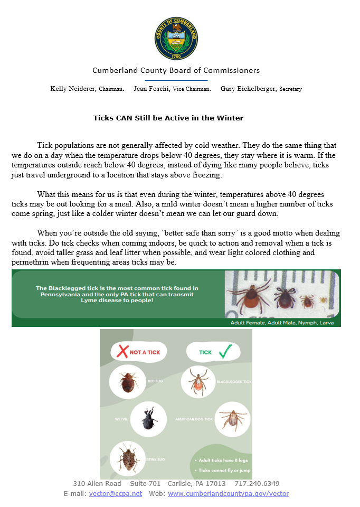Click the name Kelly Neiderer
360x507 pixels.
(x=73, y=89)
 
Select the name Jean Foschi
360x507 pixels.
(x=150, y=89)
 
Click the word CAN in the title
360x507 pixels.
(x=124, y=118)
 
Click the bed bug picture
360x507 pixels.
(x=128, y=382)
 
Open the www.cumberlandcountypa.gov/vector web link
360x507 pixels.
(x=228, y=493)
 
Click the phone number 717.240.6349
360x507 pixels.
(x=257, y=483)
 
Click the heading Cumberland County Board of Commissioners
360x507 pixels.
(x=176, y=70)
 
